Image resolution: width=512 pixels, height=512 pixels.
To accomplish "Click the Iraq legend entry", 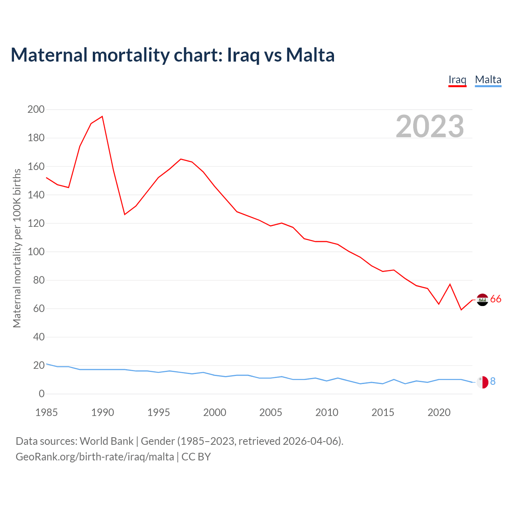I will coord(457,80).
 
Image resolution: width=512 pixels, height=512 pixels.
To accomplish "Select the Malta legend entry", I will coord(488,80).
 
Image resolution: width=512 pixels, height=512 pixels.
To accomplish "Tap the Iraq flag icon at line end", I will coord(483,300).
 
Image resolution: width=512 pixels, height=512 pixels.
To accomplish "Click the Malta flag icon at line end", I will coord(483,382).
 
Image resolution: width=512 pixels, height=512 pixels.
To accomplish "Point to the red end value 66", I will coord(496,299).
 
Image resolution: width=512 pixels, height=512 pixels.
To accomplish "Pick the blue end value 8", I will coord(493,382).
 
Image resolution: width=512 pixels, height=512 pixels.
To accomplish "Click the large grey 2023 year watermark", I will coord(430,126).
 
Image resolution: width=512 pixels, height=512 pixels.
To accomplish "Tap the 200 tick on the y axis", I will coord(36,109).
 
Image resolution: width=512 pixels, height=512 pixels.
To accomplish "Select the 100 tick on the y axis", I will coord(36,252).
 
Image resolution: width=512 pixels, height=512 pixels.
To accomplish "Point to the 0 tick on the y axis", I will coord(42,394).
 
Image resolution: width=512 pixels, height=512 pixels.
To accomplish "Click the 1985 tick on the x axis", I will coord(46,412).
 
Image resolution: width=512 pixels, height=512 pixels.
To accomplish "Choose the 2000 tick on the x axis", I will coord(215,412).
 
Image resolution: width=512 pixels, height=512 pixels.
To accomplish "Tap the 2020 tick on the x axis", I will coord(439,412).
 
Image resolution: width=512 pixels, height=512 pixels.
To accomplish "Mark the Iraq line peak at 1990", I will coord(102,116).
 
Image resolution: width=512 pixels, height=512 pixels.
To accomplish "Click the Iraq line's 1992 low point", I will coord(125,214).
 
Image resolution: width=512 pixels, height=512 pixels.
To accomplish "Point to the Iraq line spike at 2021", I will coord(450,284).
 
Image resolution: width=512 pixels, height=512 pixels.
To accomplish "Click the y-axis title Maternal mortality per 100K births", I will coord(17,248).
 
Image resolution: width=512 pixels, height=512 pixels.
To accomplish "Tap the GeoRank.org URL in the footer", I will coord(95,457).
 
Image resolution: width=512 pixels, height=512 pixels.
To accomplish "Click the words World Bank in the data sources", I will coord(106,441).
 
